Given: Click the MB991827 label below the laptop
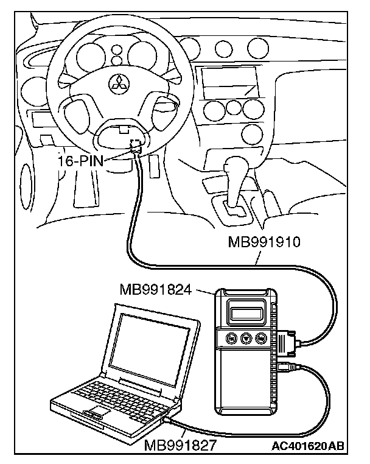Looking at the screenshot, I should [181, 446].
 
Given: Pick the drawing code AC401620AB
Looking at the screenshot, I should [308, 446].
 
